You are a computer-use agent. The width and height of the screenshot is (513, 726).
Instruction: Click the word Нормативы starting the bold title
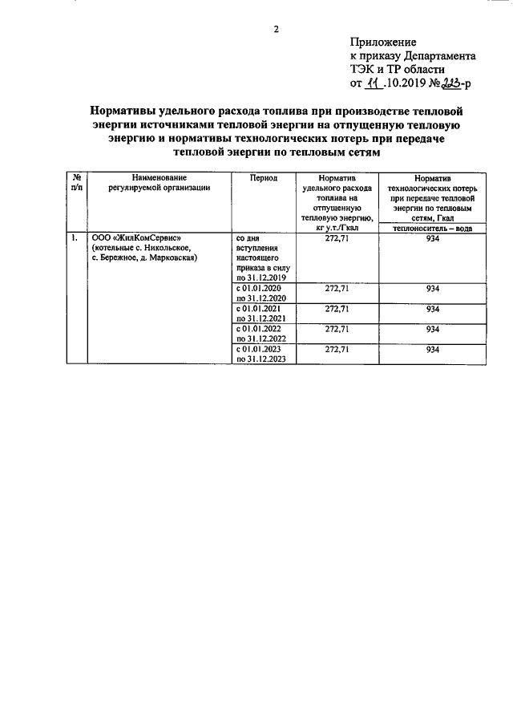[132, 110]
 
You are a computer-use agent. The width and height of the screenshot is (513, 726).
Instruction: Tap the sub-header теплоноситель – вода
[432, 228]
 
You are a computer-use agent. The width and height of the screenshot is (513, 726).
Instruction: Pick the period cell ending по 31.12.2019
[254, 278]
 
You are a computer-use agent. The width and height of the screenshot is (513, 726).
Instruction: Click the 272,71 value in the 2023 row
[337, 350]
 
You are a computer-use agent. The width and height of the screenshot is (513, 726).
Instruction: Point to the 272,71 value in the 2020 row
[337, 288]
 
